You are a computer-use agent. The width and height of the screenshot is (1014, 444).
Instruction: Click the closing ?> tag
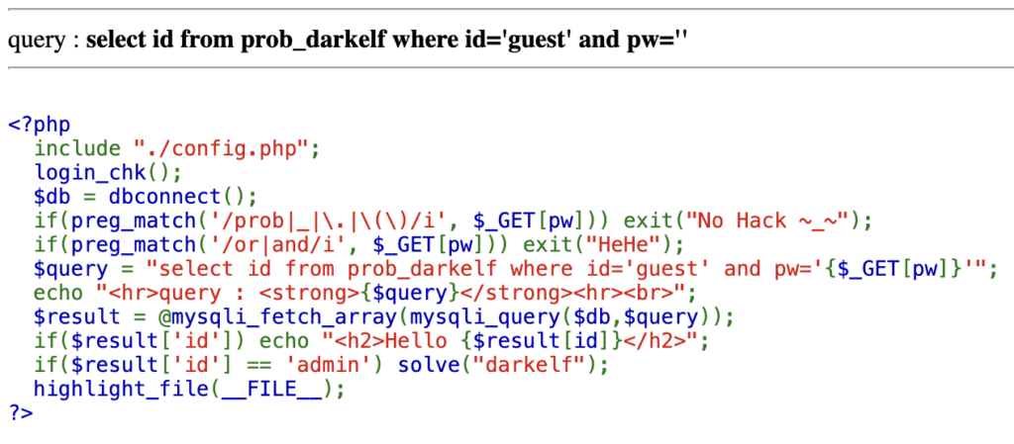(20, 412)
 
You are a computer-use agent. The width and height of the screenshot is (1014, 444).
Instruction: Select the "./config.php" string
(226, 149)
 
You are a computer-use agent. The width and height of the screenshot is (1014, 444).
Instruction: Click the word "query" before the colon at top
(33, 43)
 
